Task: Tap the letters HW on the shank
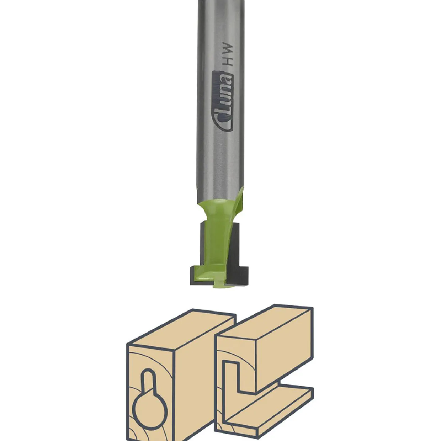[228, 54]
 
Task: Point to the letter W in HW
[228, 48]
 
